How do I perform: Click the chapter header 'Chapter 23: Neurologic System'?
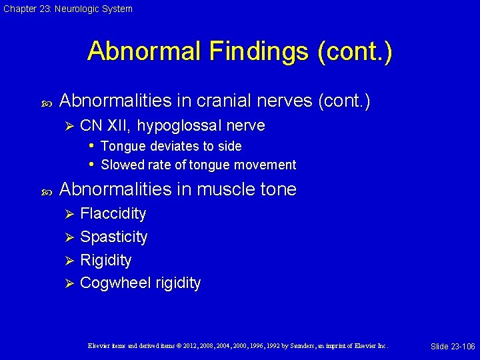pos(68,9)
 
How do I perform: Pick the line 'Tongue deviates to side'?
pos(171,146)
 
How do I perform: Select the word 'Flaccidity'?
pos(113,213)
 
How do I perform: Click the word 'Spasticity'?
pos(113,237)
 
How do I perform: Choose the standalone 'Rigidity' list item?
pos(105,260)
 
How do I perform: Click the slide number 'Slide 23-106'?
pos(453,346)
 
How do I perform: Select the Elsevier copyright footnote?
pos(237,346)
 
